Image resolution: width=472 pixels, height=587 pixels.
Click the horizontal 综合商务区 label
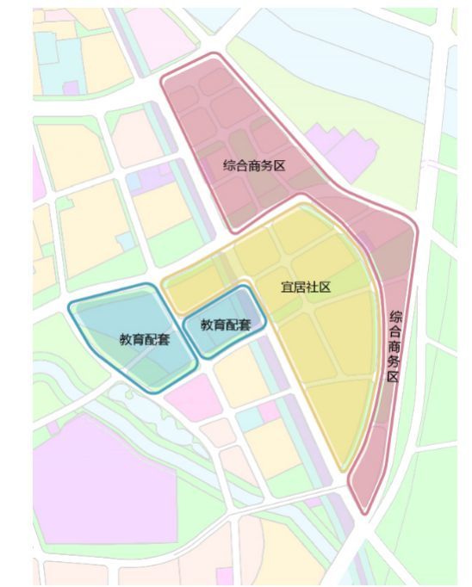pyautogui.click(x=253, y=164)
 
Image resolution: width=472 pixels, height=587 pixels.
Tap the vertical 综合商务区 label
pyautogui.click(x=394, y=346)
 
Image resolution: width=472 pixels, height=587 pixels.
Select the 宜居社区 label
pyautogui.click(x=306, y=287)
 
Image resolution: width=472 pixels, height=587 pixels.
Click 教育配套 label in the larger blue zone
pyautogui.click(x=144, y=338)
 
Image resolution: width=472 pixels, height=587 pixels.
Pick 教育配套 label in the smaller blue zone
pyautogui.click(x=226, y=324)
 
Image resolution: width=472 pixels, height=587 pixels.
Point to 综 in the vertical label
pyautogui.click(x=394, y=316)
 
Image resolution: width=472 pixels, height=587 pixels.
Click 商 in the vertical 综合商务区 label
pyautogui.click(x=394, y=347)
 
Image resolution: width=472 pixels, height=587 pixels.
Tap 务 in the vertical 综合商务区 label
pyautogui.click(x=394, y=362)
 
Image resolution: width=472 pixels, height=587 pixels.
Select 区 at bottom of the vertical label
pyautogui.click(x=394, y=378)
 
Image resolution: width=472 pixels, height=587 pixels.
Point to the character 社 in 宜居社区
pyautogui.click(x=312, y=287)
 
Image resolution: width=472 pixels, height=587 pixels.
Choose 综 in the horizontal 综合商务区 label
pyautogui.click(x=229, y=164)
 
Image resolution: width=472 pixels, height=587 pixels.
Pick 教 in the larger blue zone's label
pyautogui.click(x=126, y=338)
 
